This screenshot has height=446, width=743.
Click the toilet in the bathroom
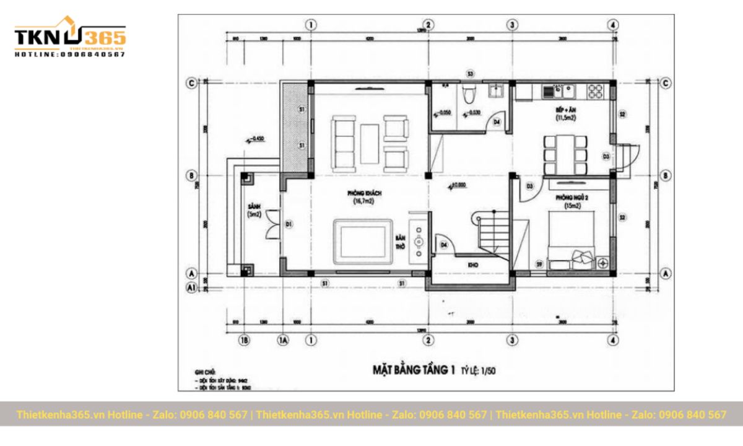coord(470,95)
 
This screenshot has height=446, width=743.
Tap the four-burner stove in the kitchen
coord(596,92)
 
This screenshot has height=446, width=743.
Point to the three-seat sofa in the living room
coord(342,143)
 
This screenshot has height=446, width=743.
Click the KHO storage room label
coord(473,265)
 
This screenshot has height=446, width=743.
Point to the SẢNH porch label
coord(253,206)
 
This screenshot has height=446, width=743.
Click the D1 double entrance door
coord(272,230)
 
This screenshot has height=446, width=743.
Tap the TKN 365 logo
coord(70,38)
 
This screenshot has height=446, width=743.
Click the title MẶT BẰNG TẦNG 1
coord(414,370)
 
